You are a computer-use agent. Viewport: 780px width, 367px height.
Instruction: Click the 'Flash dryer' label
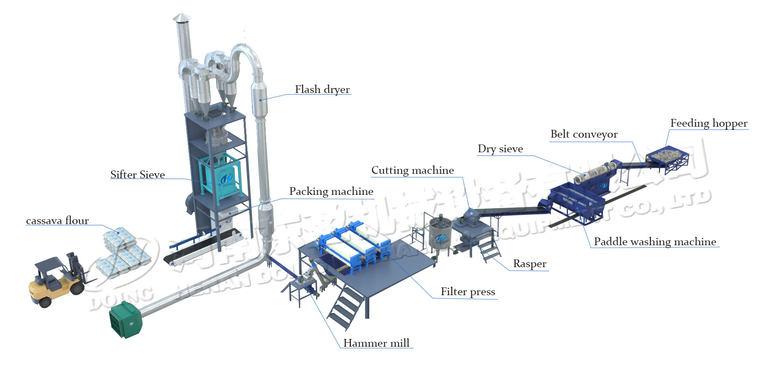point(322,89)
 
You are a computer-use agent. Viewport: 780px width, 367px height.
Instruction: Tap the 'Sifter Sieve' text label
point(137,175)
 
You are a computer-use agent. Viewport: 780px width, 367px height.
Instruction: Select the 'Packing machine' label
point(331,191)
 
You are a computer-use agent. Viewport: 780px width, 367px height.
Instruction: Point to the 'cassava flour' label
point(57,220)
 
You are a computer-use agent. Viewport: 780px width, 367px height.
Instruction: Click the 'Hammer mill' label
point(376,343)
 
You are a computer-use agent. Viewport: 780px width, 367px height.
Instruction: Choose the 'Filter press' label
point(468,291)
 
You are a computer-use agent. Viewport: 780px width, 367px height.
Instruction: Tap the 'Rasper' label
point(529,263)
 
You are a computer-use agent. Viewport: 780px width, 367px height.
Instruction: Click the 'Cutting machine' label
point(412,170)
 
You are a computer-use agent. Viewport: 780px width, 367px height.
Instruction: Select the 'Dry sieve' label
point(500,149)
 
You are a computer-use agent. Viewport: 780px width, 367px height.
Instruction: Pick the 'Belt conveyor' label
point(584,134)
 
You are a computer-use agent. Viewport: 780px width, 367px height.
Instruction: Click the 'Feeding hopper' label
point(708,123)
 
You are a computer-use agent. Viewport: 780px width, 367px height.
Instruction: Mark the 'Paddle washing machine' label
point(655,242)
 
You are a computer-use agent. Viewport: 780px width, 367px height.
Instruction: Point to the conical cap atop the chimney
point(182,17)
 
